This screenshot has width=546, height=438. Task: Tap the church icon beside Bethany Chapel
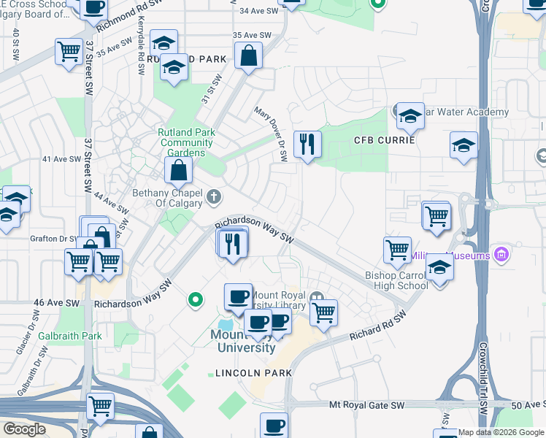point(213,196)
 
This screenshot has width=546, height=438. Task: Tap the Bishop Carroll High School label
point(397,280)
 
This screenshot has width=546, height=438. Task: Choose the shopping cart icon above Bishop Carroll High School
point(397,250)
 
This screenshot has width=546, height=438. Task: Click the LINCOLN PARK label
point(253,373)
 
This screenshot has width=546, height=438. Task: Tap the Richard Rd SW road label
point(377,326)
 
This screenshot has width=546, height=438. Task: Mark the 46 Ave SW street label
point(56,302)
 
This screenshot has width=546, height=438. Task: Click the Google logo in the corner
point(24,429)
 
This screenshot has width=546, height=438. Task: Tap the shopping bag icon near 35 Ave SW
point(249,55)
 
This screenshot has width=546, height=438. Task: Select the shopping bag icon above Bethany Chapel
point(178,172)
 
